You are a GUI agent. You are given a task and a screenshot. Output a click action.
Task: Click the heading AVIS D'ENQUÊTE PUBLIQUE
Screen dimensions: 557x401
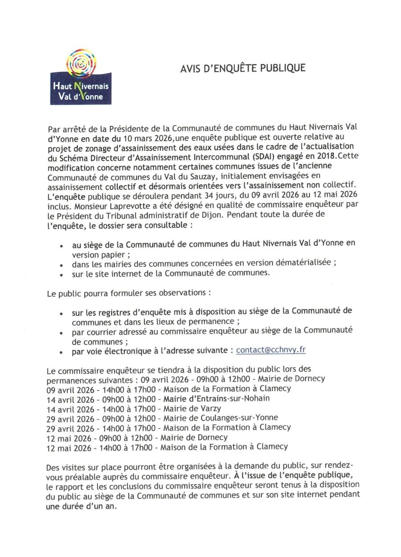(243, 69)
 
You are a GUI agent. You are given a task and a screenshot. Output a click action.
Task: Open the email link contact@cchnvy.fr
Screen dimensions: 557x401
(270, 350)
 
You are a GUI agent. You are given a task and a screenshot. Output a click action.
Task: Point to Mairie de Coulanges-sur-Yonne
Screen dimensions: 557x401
(221, 418)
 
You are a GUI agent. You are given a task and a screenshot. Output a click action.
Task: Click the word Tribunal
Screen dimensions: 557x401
(144, 215)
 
